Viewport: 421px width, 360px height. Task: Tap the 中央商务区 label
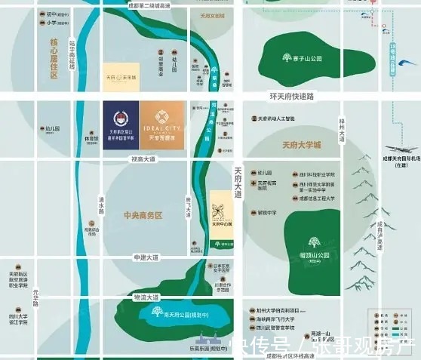143,215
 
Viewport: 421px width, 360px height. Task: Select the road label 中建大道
143,257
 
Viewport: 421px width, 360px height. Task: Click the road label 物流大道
143,297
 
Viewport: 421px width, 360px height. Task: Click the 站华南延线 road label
73,54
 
